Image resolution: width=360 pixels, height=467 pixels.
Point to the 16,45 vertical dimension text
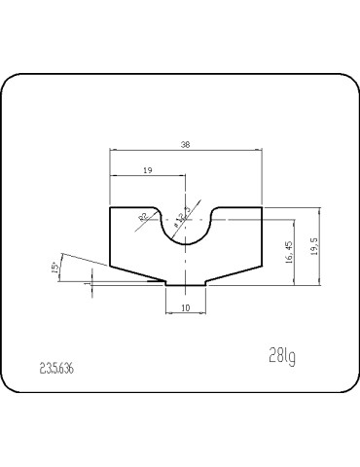[289, 254]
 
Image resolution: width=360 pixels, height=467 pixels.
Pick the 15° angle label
[54, 266]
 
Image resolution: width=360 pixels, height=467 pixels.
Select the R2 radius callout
[144, 217]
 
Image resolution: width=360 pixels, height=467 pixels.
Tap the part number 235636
[57, 369]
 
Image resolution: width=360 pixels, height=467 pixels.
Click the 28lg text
[281, 356]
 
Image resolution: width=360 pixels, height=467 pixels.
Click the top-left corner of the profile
[110, 207]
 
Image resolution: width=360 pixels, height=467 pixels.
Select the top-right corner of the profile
[263, 207]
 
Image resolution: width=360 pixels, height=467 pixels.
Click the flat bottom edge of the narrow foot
[186, 285]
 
